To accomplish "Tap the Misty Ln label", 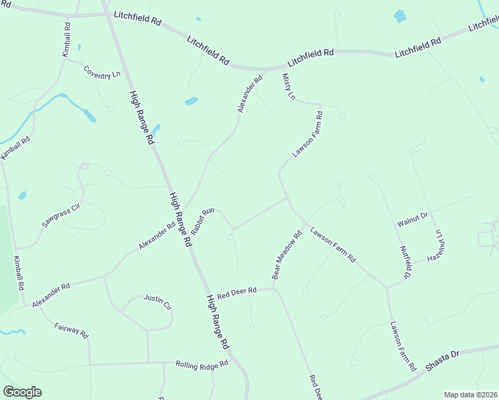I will (288, 87).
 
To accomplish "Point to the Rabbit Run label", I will (201, 221).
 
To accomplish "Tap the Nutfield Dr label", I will (405, 261).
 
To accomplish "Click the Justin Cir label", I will (157, 303).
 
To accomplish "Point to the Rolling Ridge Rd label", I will (201, 364).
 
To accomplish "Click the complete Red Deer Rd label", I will (237, 293).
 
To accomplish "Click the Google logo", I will (22, 392).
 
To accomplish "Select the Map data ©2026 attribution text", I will (471, 395).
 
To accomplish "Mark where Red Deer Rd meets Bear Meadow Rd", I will (274, 289).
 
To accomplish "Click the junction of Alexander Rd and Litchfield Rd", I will (266, 69).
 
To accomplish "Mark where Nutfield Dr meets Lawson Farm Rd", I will (386, 287).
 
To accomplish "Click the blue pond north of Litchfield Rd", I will (400, 16).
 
